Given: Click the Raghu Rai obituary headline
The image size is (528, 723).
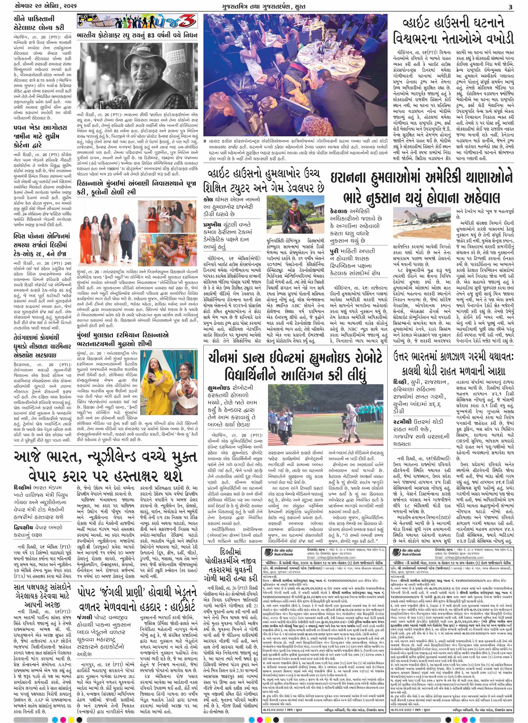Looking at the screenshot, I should tap(137, 35).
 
